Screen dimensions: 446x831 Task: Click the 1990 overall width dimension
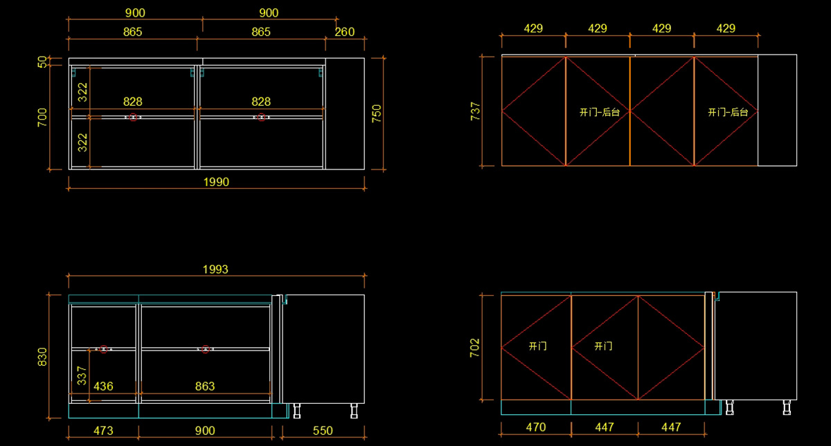coord(216,182)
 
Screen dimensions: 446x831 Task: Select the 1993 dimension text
coord(215,269)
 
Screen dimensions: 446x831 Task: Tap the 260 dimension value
coord(344,32)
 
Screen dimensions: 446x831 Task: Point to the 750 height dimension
coord(377,113)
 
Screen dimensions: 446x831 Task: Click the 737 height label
coord(476,111)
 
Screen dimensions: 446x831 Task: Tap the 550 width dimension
coord(323,431)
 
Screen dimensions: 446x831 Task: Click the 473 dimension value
coord(103,431)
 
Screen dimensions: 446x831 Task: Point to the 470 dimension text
coord(535,427)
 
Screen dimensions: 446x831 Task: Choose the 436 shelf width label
coord(103,387)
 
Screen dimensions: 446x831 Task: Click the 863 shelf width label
coord(205,387)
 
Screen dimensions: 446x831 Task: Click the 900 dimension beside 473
coord(205,431)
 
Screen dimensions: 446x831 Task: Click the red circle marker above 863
coord(205,349)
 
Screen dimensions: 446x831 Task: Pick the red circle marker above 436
coord(104,349)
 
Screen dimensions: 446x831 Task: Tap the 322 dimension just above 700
coord(82,90)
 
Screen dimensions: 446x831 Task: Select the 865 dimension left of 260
coord(261,32)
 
